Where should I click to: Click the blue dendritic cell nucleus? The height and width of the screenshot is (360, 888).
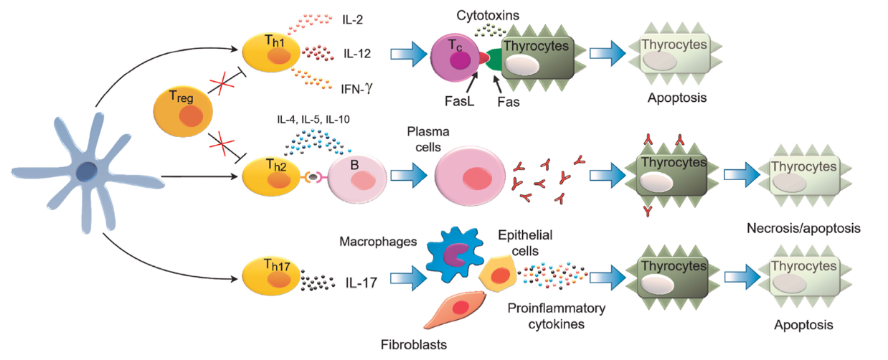coord(88,171)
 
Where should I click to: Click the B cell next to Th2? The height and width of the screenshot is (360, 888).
coord(357,176)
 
